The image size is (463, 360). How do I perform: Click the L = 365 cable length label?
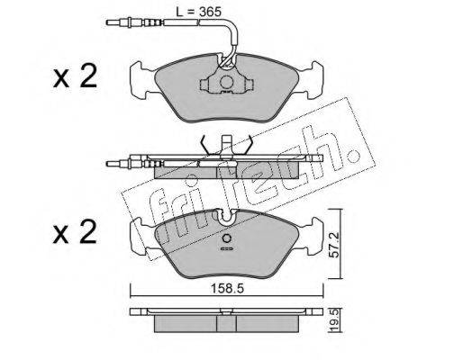(x=198, y=12)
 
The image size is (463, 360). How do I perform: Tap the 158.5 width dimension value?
(x=227, y=289)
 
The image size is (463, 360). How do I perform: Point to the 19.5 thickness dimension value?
(x=335, y=321)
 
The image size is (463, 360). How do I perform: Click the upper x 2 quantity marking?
(x=75, y=76)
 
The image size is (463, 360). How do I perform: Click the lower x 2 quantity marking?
(x=75, y=232)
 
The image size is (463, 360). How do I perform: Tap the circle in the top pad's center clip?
(x=227, y=82)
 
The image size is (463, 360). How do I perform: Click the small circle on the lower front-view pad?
(x=227, y=238)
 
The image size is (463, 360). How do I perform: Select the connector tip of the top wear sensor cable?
(x=111, y=22)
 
